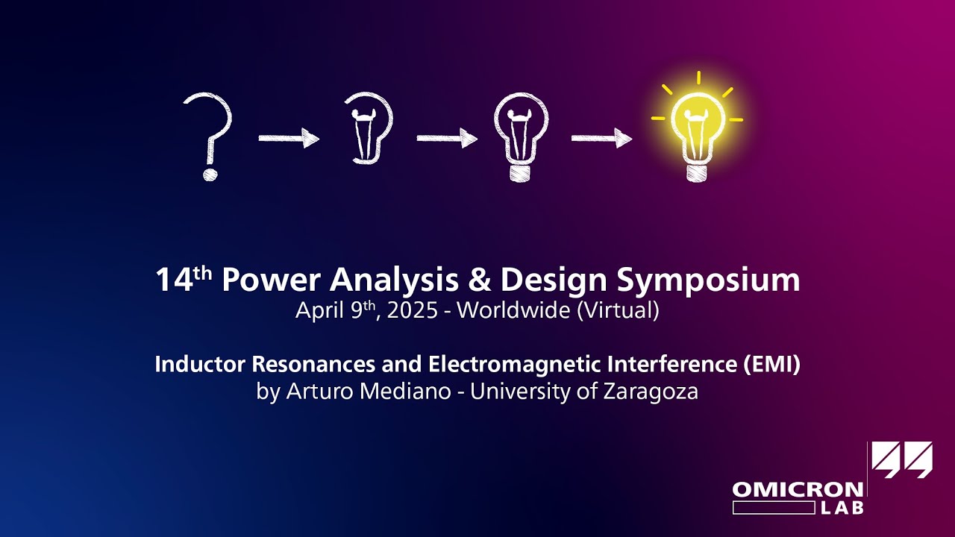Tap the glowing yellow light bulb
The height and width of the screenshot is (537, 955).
click(697, 128)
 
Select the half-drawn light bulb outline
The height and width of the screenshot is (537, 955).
click(369, 128)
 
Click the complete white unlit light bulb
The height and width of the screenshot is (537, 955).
click(521, 136)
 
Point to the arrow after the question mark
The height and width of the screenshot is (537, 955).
click(289, 139)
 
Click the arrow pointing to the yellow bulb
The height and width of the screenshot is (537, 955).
click(601, 139)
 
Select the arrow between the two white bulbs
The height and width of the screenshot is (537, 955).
click(447, 139)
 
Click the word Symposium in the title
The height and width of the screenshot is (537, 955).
click(709, 280)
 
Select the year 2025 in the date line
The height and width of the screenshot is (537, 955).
click(413, 310)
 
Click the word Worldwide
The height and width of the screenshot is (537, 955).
click(513, 310)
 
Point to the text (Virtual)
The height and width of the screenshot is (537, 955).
click(619, 310)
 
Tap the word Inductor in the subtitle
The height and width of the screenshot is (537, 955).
click(200, 365)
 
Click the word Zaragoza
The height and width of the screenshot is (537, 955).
click(651, 392)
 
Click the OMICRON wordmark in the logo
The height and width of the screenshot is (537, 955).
click(798, 489)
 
